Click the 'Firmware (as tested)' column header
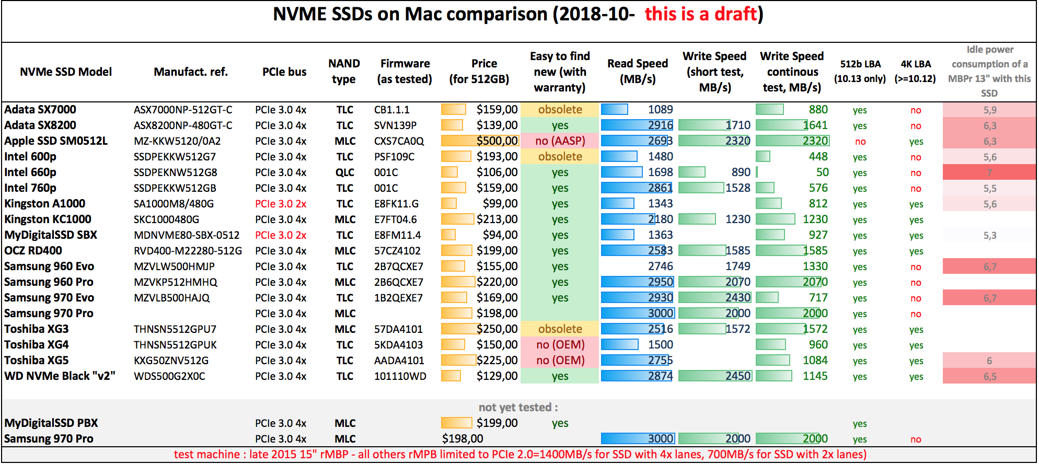coord(405,72)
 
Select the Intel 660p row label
coord(30,172)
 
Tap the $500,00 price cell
coord(497,141)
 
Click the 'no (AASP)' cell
coord(560,141)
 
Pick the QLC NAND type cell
coord(344,172)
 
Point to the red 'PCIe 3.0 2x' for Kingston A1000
coord(281,204)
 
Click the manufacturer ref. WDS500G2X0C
coord(169,376)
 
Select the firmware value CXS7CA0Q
coord(399,141)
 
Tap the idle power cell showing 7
coord(989,172)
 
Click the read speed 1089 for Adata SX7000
coord(660,110)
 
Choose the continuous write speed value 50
coord(822,172)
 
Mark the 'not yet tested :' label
coord(518,408)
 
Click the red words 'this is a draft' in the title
coord(700,14)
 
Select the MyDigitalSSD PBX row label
coord(51,423)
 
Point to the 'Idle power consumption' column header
coord(989,72)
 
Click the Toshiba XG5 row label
coord(37,361)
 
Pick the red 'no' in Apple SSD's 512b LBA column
coord(860,142)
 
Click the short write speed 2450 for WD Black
coord(737,376)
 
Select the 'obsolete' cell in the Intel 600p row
coord(560,157)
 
